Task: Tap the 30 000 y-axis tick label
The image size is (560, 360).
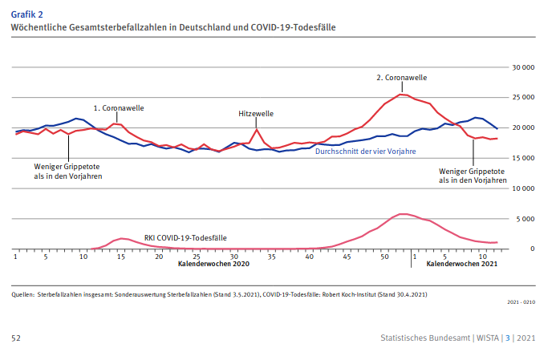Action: (522, 67)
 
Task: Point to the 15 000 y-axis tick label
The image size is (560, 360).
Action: (522, 158)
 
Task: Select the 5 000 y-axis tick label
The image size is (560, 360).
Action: (525, 218)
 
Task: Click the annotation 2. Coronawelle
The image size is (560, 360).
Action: (401, 78)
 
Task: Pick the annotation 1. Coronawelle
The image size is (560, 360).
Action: (118, 107)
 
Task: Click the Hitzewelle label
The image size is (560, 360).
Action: (257, 114)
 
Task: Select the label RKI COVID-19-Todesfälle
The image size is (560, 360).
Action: (185, 237)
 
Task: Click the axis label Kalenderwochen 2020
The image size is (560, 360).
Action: (214, 264)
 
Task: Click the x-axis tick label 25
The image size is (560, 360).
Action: (197, 257)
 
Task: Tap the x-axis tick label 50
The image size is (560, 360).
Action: (384, 257)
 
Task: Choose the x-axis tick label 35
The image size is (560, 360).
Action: (272, 257)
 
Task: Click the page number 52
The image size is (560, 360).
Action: (16, 338)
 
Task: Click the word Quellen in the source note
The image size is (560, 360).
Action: (22, 294)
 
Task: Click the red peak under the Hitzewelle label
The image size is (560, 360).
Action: (257, 129)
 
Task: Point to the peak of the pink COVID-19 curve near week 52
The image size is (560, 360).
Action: (404, 214)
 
